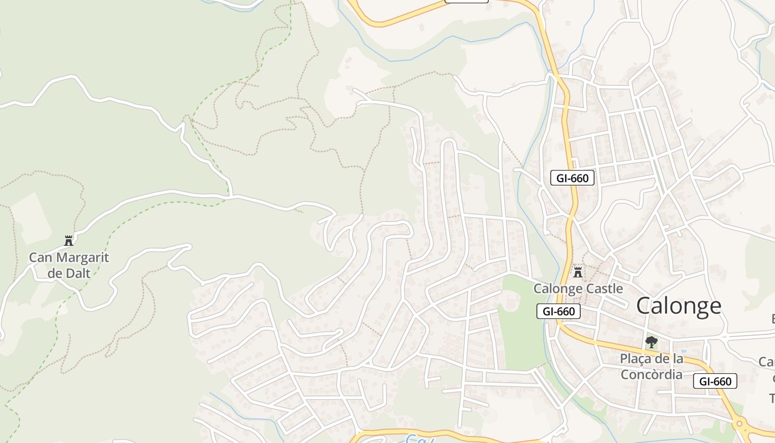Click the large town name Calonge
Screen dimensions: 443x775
[x=679, y=306]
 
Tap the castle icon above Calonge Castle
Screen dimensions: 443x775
[x=578, y=272]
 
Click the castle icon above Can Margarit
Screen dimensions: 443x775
[x=69, y=240]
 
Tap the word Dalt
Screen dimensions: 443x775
[x=76, y=272]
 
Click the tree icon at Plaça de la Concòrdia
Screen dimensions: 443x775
[x=652, y=342]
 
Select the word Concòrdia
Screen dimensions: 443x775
[x=652, y=374]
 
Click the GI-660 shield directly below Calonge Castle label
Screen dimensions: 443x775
[x=559, y=311]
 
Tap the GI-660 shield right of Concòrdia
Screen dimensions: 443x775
[x=715, y=381]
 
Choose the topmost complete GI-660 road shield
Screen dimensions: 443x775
[x=572, y=178]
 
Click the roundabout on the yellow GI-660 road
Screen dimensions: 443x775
[x=740, y=424]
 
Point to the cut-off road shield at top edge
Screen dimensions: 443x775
[x=467, y=1]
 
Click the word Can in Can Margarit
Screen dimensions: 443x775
[x=39, y=257]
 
